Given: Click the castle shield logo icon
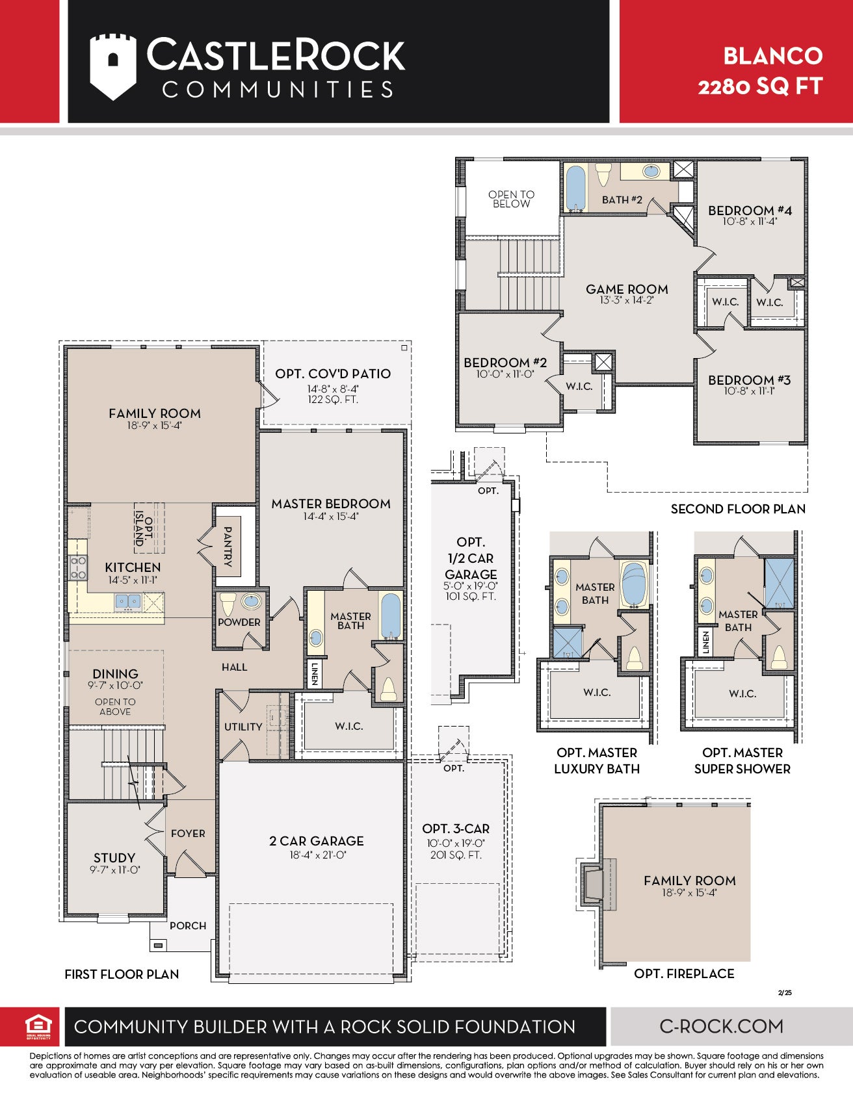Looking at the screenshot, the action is point(113,66).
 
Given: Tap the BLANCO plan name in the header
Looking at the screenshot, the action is point(773,56).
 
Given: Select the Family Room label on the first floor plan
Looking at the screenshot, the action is point(155,413).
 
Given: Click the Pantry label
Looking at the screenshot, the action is point(228,547).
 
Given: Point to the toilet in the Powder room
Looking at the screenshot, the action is point(228,604).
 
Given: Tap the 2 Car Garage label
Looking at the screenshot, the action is point(317,841).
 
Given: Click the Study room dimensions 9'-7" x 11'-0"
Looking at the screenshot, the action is point(115,870).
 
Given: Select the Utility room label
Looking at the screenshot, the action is point(243,727).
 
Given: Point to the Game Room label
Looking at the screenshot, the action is point(627,289).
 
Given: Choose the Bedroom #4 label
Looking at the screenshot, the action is point(750,211).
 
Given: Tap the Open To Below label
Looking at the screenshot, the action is point(512,199).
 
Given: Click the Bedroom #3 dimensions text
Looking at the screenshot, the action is point(750,391).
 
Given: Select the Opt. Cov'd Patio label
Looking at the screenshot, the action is point(333,374).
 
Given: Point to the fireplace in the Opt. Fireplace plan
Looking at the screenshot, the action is point(596,883).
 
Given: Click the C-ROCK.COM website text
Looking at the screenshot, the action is point(722,1026).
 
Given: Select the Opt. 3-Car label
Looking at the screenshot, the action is point(456,829).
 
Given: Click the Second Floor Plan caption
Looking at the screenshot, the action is point(738,509).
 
